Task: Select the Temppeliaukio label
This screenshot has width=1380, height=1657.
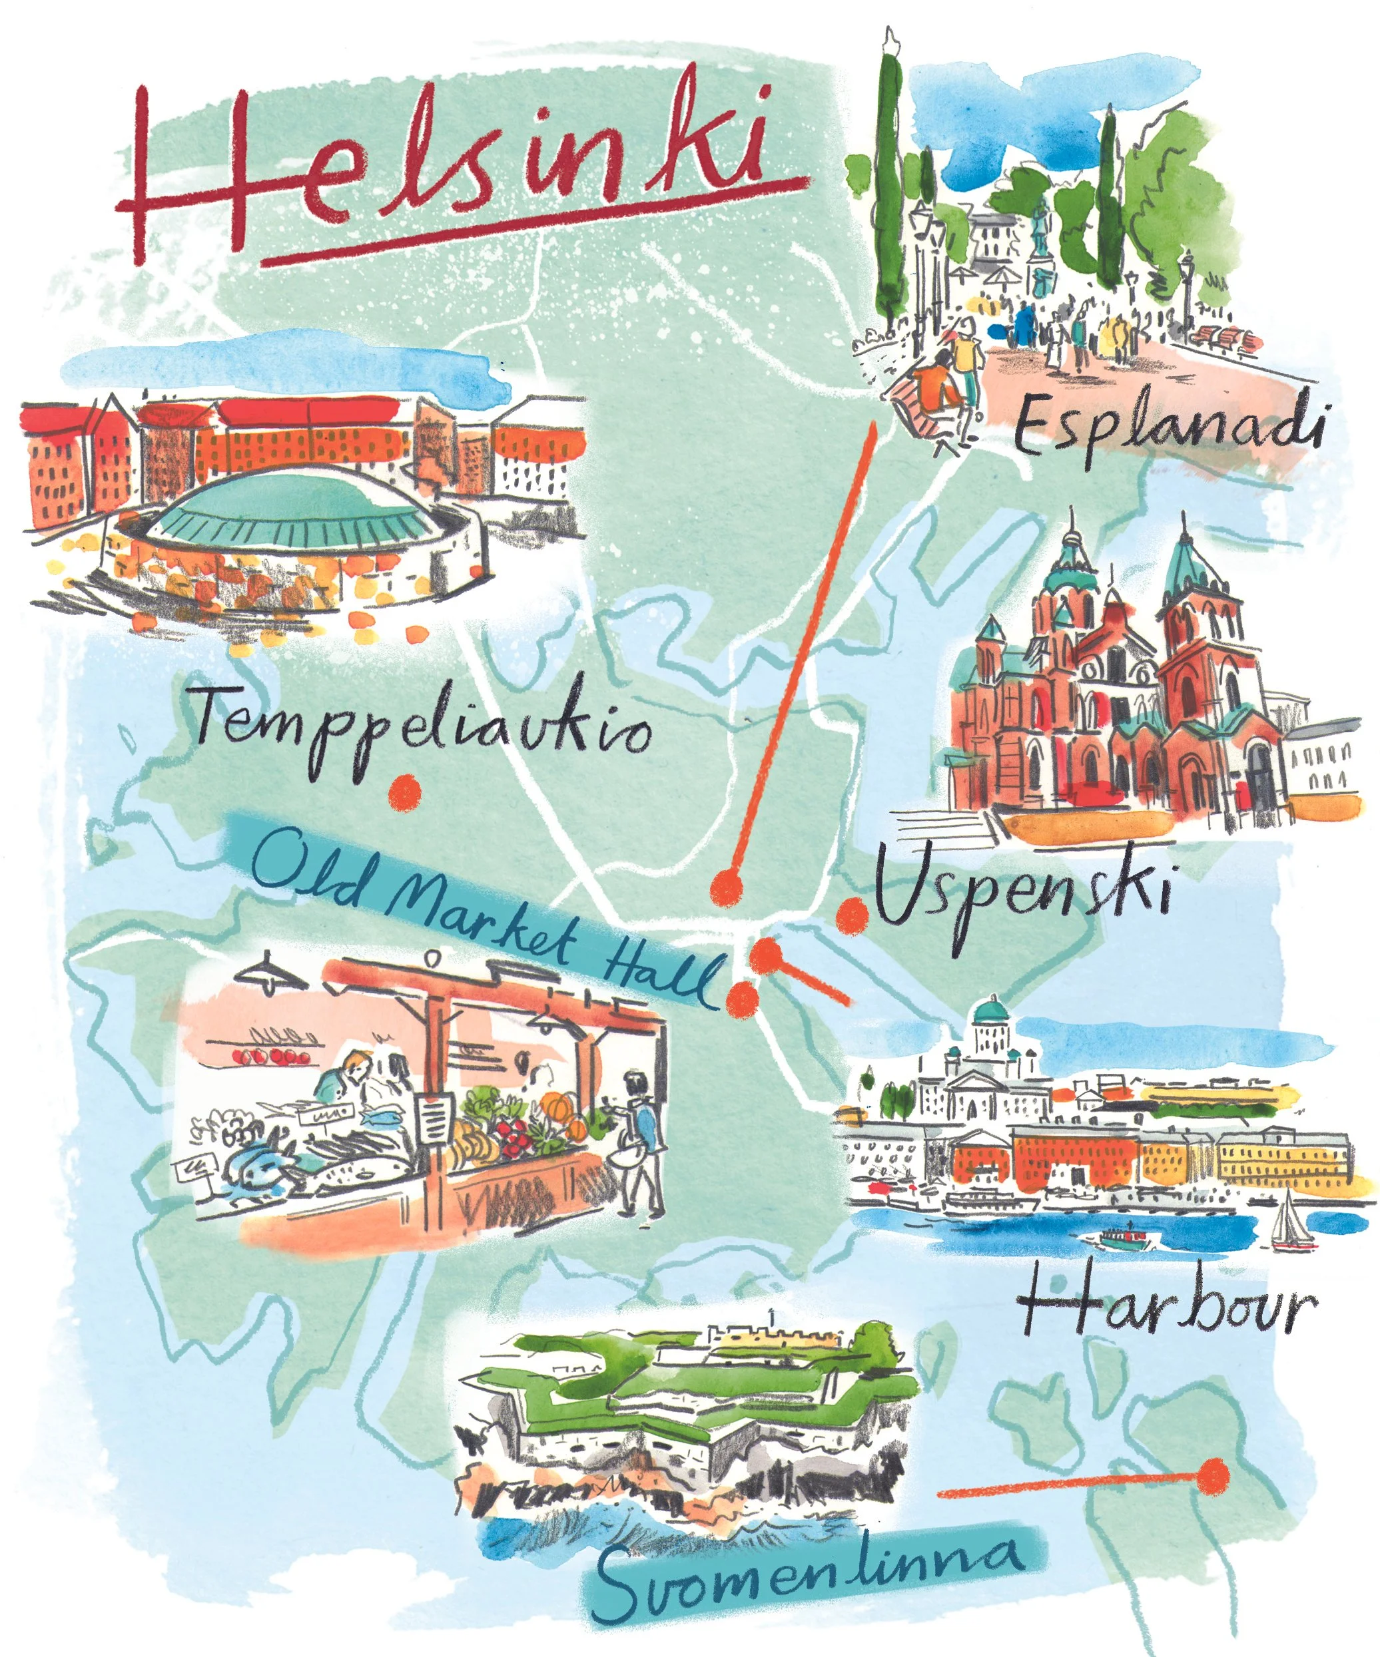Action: pyautogui.click(x=422, y=730)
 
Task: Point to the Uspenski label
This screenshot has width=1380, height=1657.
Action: pyautogui.click(x=1022, y=895)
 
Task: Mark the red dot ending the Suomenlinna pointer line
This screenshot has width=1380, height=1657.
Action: pyautogui.click(x=1213, y=1475)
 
